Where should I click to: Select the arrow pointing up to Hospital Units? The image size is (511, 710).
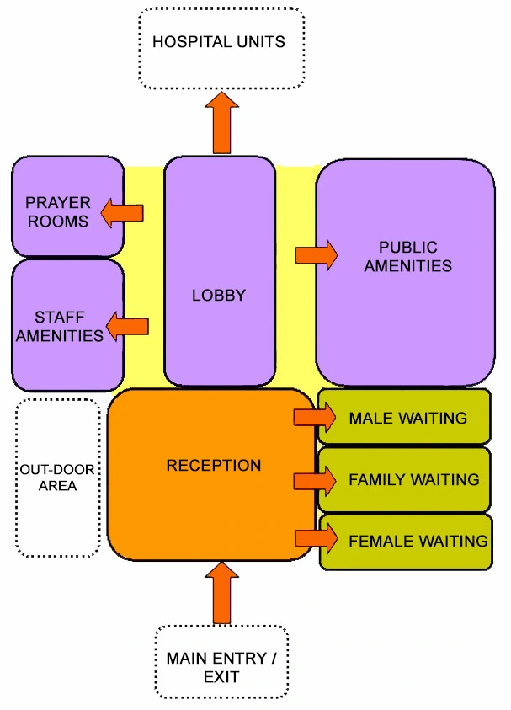(x=221, y=123)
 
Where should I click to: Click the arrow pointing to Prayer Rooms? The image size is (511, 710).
(x=122, y=213)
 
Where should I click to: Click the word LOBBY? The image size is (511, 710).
(x=219, y=296)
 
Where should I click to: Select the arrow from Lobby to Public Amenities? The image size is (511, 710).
(x=316, y=254)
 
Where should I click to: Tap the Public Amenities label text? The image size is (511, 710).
(x=407, y=257)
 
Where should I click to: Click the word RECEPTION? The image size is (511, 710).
(x=214, y=465)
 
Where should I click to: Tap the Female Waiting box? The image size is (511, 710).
(x=404, y=541)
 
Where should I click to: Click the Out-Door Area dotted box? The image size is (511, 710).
(x=57, y=478)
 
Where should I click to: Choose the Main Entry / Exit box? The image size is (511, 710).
(x=221, y=665)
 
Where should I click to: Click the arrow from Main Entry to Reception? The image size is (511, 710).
(x=221, y=594)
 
